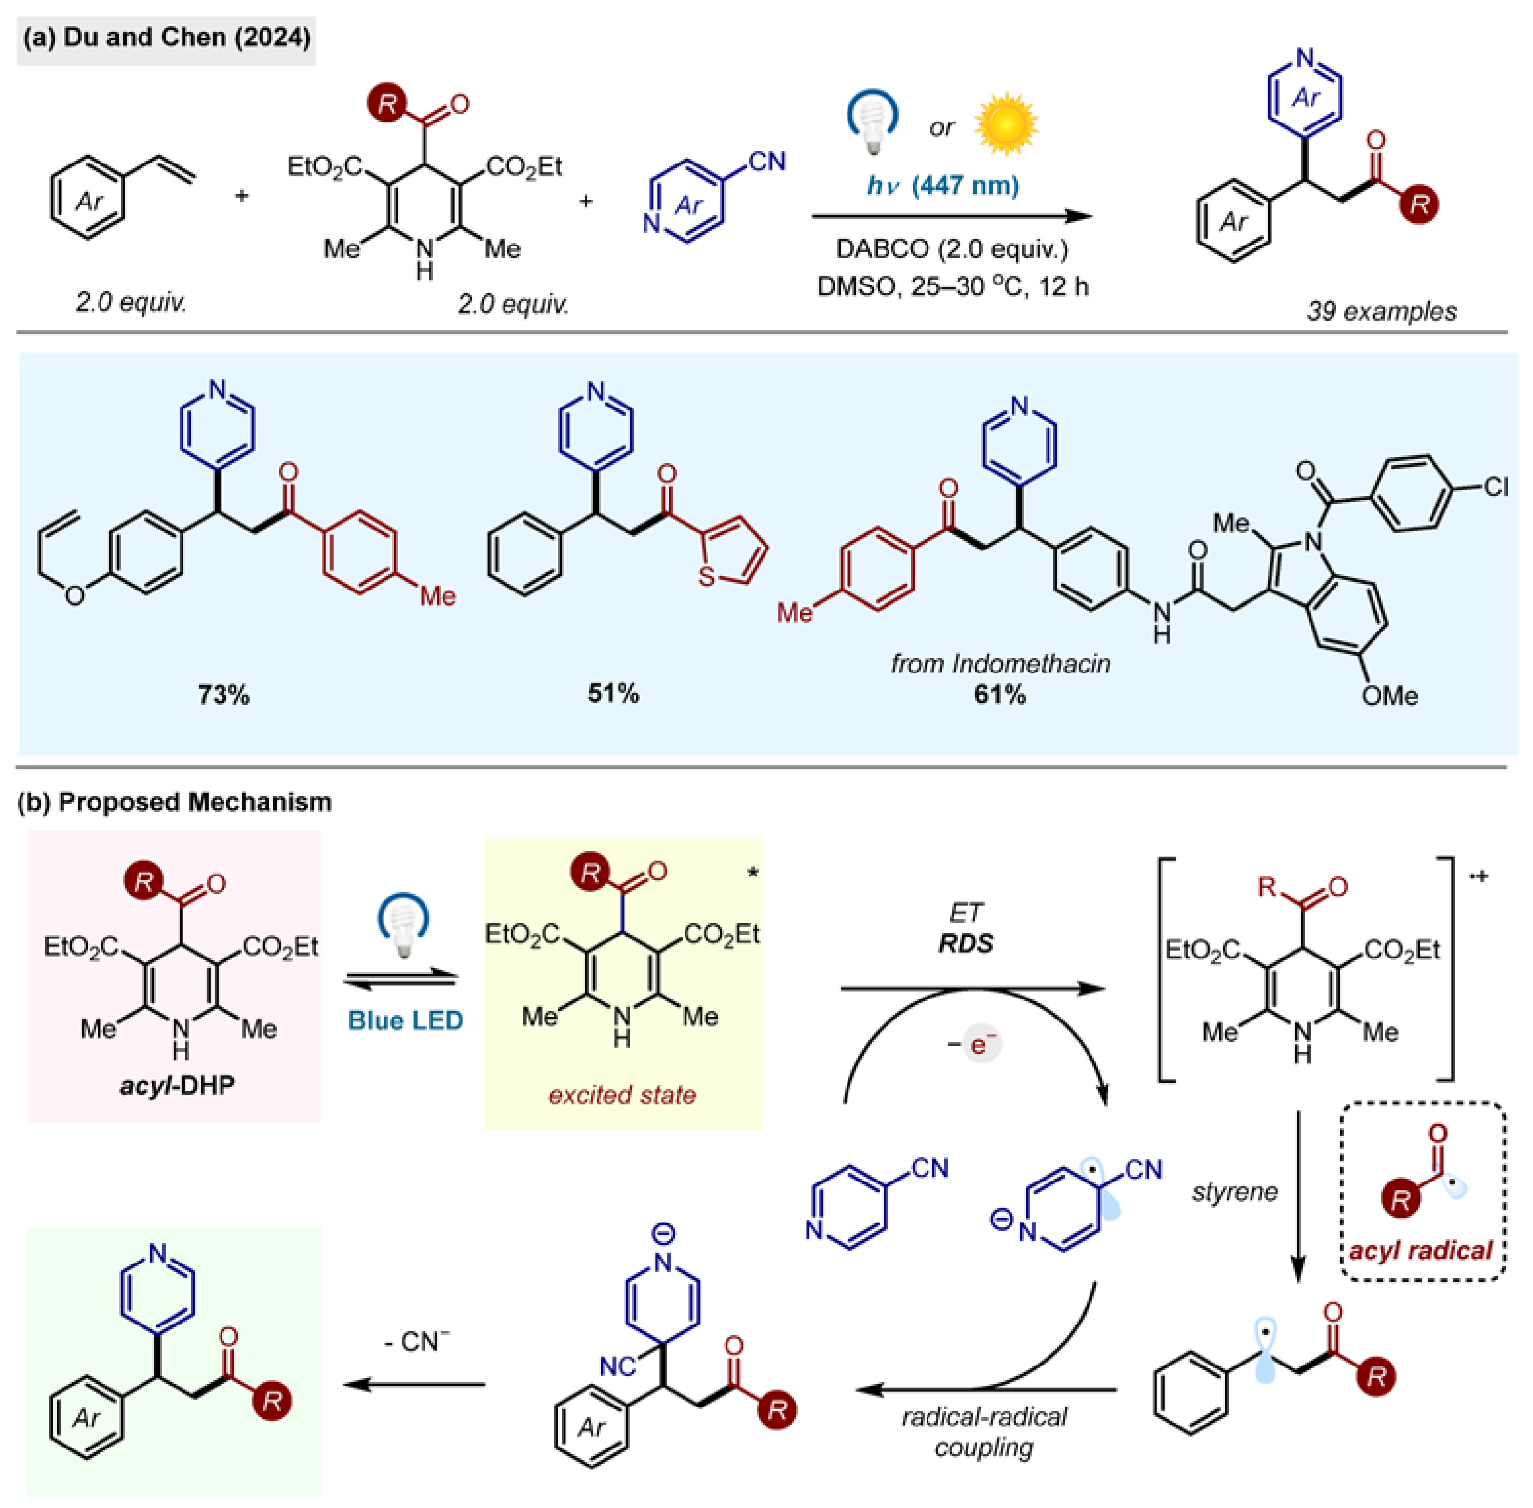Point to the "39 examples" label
(x=1381, y=310)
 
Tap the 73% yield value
(x=223, y=694)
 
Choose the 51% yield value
(x=613, y=693)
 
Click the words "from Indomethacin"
(x=1000, y=663)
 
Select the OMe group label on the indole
(x=1389, y=695)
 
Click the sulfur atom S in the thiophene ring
(x=706, y=576)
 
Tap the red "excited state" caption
(x=623, y=1095)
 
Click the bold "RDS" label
(x=965, y=943)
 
